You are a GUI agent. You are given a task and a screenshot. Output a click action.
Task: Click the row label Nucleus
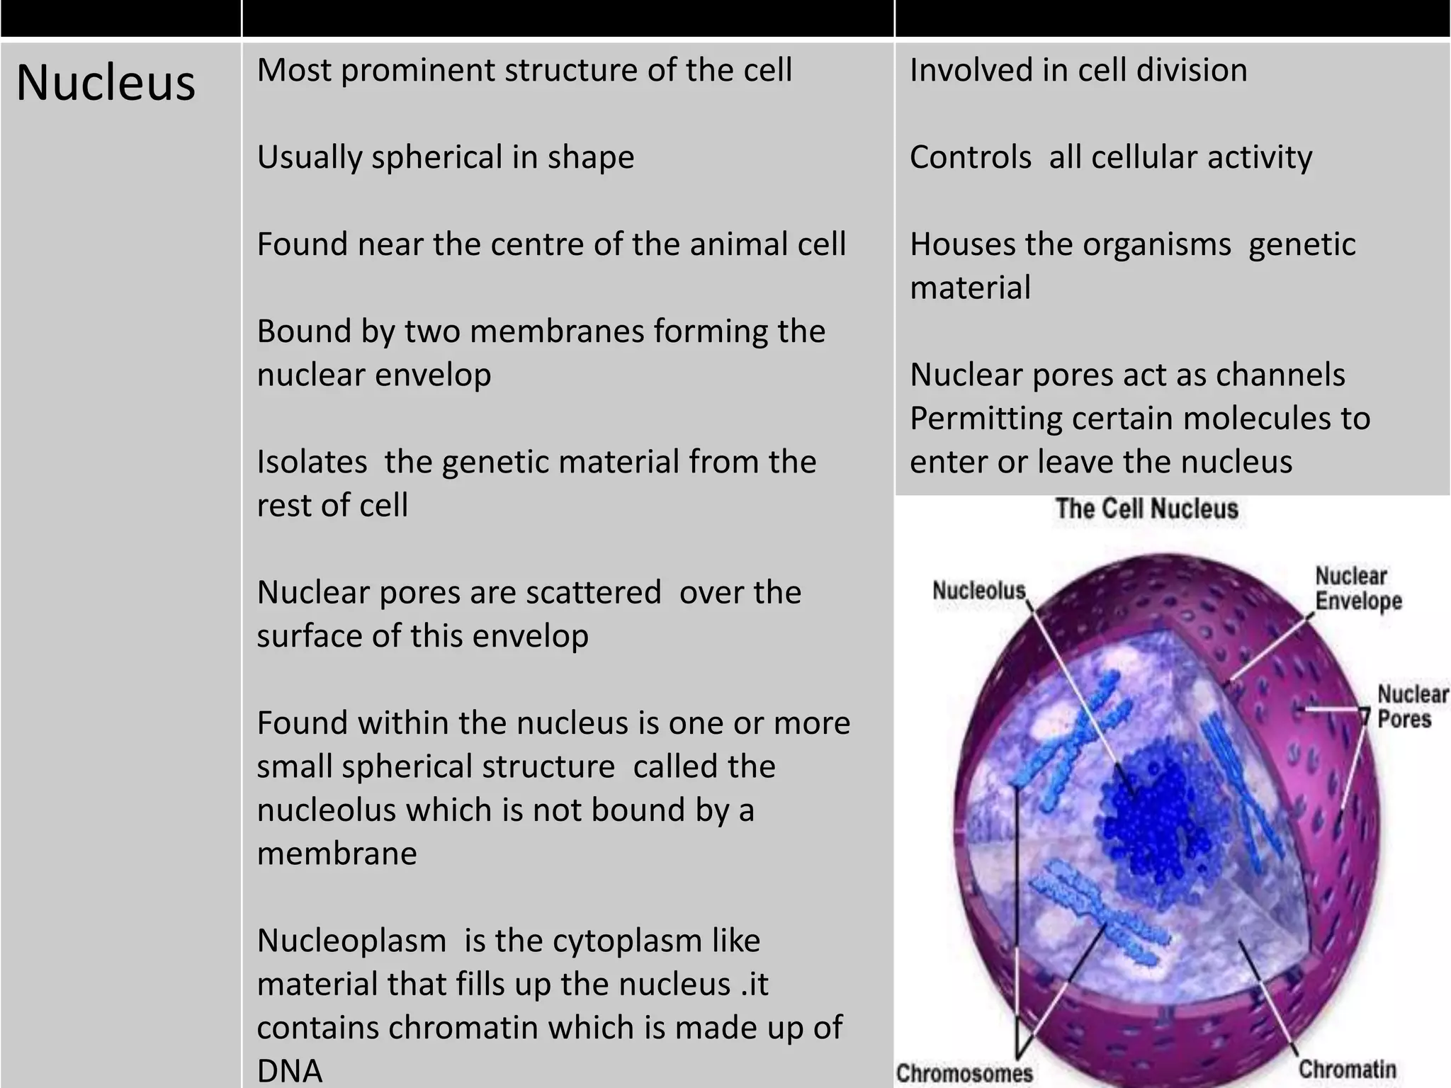(x=106, y=83)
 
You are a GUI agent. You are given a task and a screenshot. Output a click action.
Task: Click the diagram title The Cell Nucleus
(x=1146, y=509)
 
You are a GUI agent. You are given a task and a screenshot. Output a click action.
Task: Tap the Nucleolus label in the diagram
(x=978, y=590)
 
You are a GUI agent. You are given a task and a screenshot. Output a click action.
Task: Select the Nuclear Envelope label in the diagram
(x=1358, y=588)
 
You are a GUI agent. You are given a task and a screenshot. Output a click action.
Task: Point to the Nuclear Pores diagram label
(x=1412, y=706)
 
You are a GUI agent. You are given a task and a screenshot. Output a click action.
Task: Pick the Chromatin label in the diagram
(x=1347, y=1069)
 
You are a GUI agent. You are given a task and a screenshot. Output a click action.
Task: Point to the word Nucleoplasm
(x=351, y=941)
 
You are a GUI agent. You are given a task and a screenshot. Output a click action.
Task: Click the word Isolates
(x=312, y=462)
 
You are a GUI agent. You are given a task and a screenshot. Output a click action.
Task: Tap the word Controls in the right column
(x=970, y=157)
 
